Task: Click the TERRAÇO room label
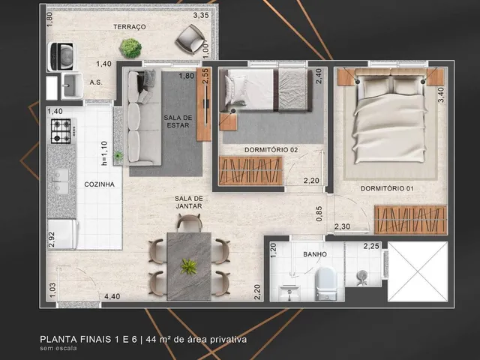point(130,27)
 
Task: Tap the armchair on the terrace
point(191,39)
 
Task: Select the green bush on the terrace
point(130,48)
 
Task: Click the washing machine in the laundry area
point(61,57)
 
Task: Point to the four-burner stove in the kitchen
point(61,131)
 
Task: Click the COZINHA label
point(99,184)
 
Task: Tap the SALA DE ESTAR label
point(178,121)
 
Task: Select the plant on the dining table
point(189,266)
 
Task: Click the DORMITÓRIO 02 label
point(271,150)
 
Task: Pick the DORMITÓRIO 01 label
point(387,188)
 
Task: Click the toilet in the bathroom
point(326,283)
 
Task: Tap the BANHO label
point(315,254)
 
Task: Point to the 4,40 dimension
point(112,296)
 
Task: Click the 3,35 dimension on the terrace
point(201,15)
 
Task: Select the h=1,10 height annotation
point(104,153)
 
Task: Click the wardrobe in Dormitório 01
point(410,220)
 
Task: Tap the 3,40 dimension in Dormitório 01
point(441,95)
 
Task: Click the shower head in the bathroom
point(362,276)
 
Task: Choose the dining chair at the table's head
point(190,223)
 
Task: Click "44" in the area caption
point(151,340)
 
